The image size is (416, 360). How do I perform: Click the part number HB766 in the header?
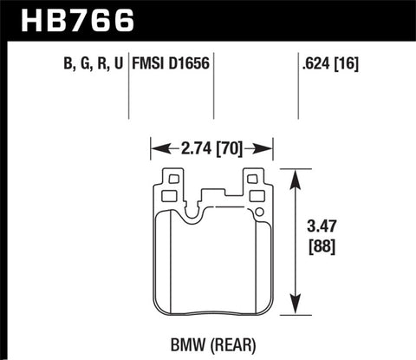(62, 16)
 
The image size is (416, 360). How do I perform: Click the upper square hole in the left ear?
(171, 180)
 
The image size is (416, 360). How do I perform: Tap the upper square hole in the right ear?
(255, 180)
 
